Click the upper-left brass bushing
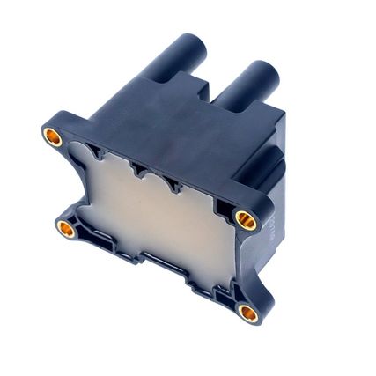click(x=51, y=136)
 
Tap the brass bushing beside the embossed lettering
click(x=247, y=220)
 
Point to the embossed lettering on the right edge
click(x=270, y=220)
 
